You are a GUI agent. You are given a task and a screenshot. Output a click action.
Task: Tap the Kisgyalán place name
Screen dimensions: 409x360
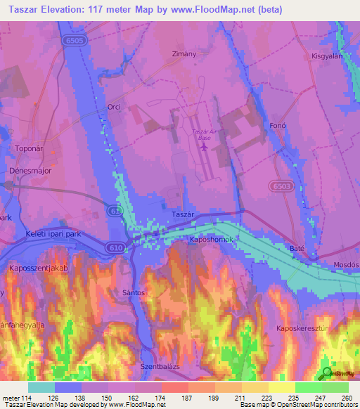[326, 56]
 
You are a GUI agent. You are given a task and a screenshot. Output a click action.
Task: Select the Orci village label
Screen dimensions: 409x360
[114, 107]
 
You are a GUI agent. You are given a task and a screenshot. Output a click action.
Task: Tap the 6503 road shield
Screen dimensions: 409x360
[280, 185]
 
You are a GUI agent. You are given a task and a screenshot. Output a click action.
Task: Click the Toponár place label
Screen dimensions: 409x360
[29, 148]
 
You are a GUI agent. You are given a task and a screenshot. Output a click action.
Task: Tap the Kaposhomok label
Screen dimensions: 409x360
[211, 240]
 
